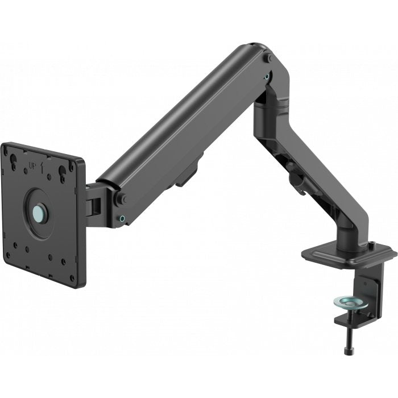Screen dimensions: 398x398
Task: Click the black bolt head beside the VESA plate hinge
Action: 121,199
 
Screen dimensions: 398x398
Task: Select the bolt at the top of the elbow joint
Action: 266,59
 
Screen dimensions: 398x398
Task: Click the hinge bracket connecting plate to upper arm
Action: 93,200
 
